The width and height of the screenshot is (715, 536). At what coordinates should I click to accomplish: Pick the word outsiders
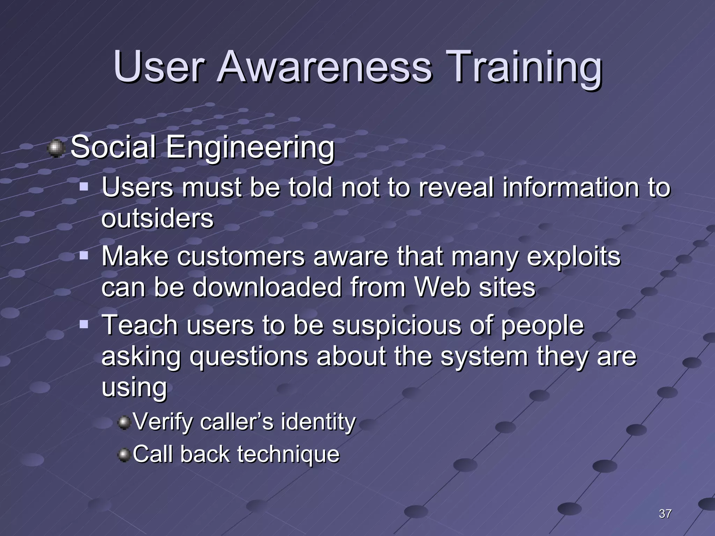tap(157, 219)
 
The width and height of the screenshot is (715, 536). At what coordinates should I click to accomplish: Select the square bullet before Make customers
tap(84, 256)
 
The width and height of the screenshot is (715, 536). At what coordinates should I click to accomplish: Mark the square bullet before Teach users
tap(84, 325)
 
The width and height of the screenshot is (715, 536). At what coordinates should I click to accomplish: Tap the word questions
tap(249, 357)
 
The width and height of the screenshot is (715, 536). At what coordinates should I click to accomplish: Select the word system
tap(484, 357)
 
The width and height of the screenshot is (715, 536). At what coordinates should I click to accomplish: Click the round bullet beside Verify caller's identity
tap(124, 423)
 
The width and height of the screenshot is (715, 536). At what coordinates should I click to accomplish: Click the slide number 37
tap(665, 514)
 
